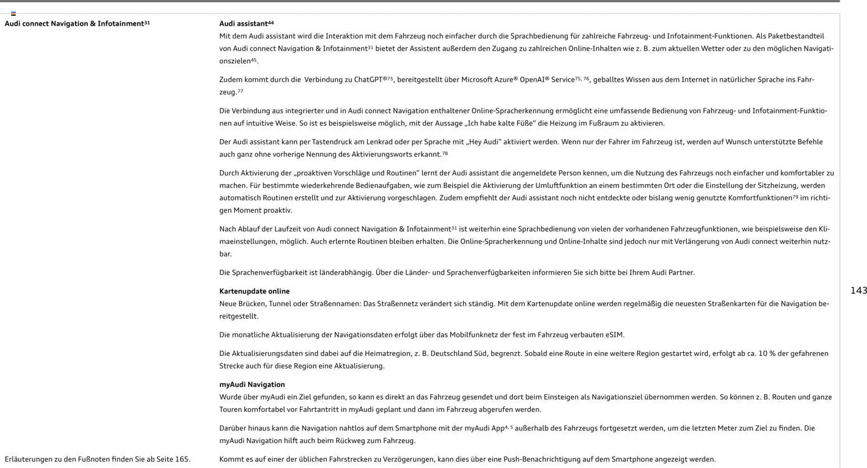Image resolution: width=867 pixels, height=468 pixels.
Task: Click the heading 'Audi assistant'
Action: click(x=243, y=24)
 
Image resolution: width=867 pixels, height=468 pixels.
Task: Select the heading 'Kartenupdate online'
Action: click(x=255, y=291)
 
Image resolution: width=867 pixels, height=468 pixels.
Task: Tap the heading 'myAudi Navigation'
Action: click(x=252, y=385)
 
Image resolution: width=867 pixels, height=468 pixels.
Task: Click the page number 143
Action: click(x=859, y=290)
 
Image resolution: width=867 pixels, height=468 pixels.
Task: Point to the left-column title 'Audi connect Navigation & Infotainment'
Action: click(x=74, y=24)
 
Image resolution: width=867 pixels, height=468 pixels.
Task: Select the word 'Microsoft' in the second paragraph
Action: click(x=478, y=79)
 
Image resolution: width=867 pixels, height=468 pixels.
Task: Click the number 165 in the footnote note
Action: click(x=182, y=459)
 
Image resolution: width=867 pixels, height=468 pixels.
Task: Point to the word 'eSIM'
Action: click(x=614, y=335)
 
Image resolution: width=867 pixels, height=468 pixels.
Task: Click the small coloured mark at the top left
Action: click(x=13, y=13)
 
